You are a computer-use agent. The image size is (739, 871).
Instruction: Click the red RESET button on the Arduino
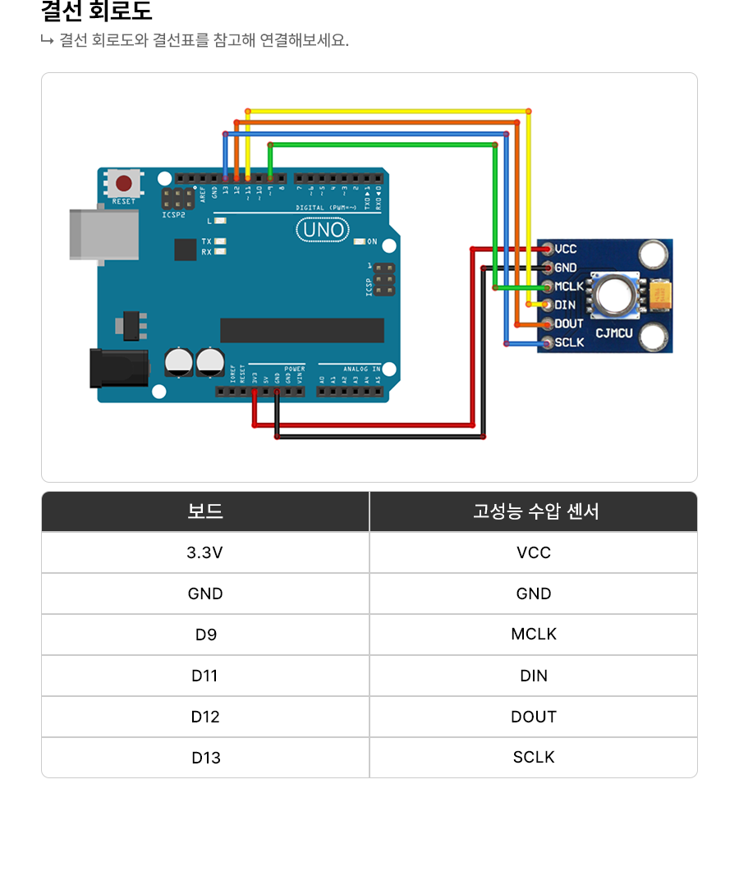tap(124, 183)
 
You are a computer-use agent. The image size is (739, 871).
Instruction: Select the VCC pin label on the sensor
tap(566, 249)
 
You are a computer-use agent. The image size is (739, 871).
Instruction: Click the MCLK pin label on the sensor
tap(568, 287)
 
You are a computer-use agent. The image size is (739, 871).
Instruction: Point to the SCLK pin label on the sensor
tap(569, 342)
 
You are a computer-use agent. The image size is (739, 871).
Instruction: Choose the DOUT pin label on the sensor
tap(568, 324)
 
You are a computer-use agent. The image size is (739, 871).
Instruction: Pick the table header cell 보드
tap(205, 511)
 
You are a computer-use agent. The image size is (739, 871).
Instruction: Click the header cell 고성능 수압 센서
tap(534, 511)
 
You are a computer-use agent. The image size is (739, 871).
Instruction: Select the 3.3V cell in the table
tap(205, 552)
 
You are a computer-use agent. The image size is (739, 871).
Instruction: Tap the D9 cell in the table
tap(205, 635)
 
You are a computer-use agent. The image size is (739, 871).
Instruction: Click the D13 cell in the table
tap(205, 758)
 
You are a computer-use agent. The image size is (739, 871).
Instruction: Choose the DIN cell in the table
tap(534, 676)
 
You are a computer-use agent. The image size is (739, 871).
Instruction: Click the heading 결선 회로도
tap(97, 12)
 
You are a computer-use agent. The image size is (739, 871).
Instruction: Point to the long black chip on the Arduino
tap(301, 330)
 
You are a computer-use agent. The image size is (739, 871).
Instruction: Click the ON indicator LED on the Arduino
tap(360, 241)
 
